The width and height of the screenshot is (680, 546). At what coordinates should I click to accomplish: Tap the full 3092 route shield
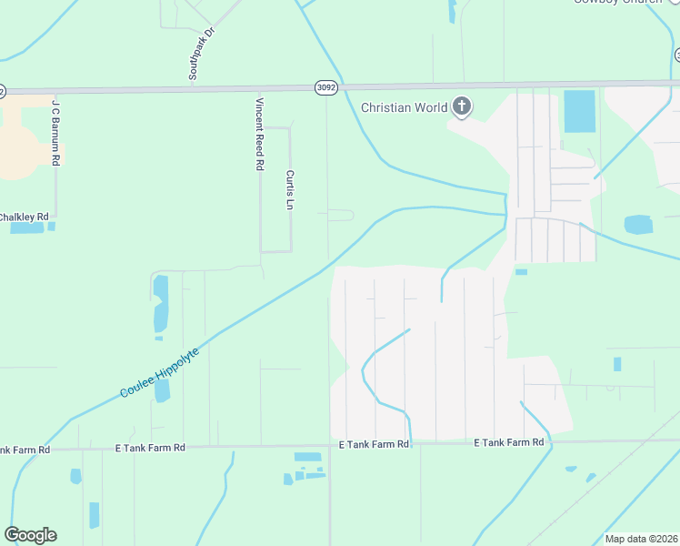pos(326,87)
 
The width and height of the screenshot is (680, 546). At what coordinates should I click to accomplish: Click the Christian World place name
pos(404,107)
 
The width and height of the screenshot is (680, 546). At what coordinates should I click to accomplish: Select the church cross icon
pos(462,107)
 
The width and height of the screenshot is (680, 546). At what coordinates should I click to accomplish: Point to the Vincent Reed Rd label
pos(260,134)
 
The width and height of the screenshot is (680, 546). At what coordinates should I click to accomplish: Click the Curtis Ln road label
pos(290,188)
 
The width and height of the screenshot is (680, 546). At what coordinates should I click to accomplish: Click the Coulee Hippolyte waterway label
pos(160,368)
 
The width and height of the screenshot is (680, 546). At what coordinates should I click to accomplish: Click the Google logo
pos(30,535)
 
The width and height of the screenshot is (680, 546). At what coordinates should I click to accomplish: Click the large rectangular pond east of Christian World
pos(579,111)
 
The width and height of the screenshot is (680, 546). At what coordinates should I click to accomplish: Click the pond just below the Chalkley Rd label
pos(27,227)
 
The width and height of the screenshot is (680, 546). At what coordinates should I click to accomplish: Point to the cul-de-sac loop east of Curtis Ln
pos(341,216)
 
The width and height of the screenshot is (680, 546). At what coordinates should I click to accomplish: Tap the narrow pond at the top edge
pos(452,10)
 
